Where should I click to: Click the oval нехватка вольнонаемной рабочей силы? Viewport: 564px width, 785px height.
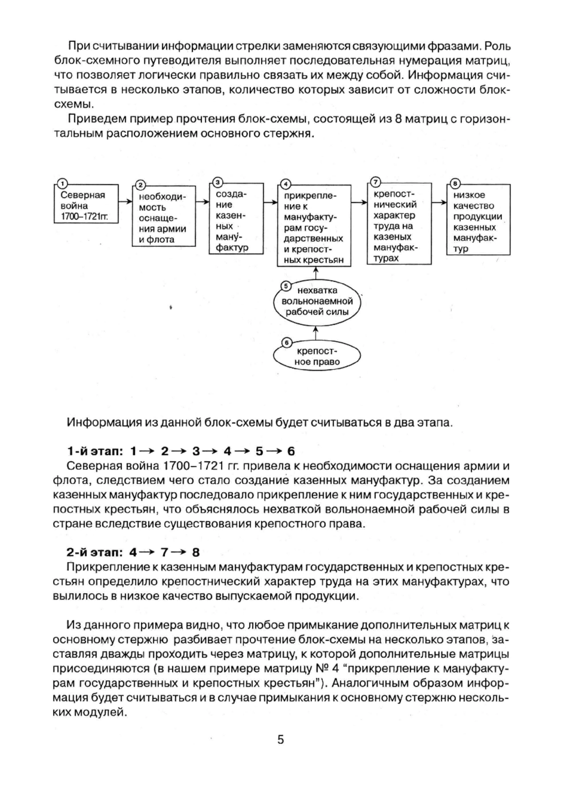coord(317,301)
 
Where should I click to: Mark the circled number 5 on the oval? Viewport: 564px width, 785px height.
coord(285,285)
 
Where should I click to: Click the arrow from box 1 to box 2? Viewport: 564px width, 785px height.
coord(125,201)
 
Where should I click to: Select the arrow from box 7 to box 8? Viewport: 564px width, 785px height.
coord(439,202)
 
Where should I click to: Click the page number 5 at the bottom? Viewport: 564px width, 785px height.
coord(281,740)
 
